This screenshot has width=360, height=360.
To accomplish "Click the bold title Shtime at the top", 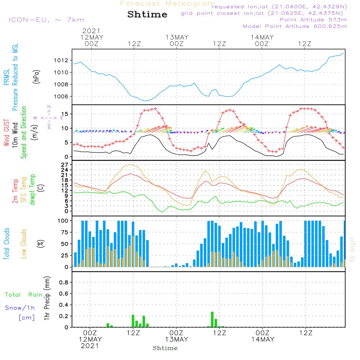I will click(x=148, y=14).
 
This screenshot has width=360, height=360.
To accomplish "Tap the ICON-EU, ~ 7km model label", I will click(x=46, y=20).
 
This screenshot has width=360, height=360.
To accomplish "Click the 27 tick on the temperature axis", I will click(x=65, y=165).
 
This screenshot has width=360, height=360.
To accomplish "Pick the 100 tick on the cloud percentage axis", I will click(x=63, y=220).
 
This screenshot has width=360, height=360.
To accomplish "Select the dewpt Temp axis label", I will click(x=32, y=190).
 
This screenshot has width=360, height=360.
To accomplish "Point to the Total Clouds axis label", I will click(x=6, y=243).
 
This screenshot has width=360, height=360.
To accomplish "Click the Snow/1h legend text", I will click(x=20, y=308).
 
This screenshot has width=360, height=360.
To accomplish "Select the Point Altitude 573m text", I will click(x=313, y=20).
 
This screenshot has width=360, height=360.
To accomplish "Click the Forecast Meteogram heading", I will click(x=168, y=4).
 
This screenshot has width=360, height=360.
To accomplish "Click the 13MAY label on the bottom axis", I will click(x=177, y=339).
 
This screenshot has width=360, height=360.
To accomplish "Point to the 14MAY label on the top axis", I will click(x=262, y=37).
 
